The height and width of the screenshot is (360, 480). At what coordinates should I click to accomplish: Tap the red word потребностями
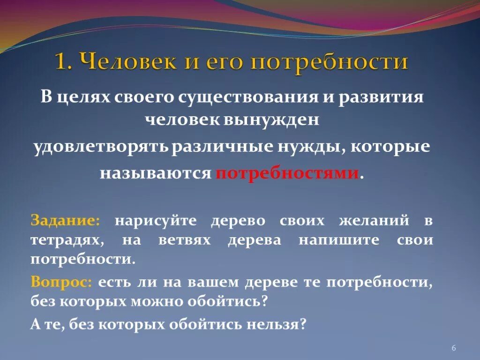pos(287,173)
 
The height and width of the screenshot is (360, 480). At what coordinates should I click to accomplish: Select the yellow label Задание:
pos(65,220)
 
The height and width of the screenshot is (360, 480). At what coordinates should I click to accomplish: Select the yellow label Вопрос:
pos(62,282)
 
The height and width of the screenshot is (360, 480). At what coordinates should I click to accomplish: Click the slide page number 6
pos(454,347)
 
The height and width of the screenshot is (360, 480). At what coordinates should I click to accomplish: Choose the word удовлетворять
pos(100,147)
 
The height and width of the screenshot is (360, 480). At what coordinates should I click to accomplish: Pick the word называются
pos(155,173)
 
